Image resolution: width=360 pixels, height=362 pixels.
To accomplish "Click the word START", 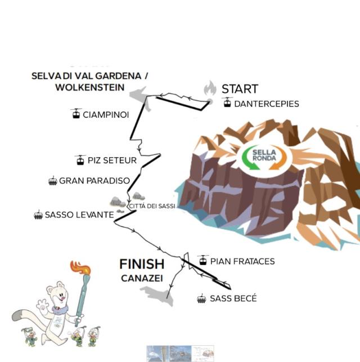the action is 240,89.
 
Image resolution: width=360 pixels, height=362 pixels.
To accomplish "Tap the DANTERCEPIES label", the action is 267,104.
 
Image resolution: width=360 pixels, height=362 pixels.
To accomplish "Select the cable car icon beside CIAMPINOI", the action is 76,113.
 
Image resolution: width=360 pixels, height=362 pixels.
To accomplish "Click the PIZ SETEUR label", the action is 112,160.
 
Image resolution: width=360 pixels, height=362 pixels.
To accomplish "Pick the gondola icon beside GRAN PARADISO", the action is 53,181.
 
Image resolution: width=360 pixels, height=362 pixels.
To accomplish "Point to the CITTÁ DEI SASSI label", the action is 152,206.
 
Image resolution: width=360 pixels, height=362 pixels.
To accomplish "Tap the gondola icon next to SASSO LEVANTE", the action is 38,214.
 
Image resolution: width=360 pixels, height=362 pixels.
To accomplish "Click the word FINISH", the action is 142,264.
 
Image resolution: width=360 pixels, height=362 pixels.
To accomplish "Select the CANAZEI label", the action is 142,279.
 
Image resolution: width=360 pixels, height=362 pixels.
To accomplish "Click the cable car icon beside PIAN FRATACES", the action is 203,260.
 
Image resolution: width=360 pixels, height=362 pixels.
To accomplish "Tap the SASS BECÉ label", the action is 233,298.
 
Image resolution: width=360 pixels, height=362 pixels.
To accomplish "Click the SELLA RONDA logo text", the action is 264,155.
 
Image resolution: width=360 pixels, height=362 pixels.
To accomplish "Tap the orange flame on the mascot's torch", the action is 80,267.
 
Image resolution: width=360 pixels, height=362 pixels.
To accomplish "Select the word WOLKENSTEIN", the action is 89,87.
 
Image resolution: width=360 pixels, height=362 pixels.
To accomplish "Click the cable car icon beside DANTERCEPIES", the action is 227,102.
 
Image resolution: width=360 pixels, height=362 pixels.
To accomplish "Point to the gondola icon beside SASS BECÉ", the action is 201,298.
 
